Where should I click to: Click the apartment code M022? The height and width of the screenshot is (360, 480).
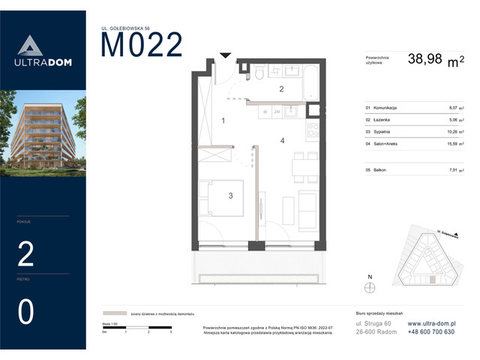point(142,46)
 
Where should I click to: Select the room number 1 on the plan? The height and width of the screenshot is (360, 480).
point(223,121)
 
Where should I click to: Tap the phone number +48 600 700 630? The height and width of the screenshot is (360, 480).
point(431,331)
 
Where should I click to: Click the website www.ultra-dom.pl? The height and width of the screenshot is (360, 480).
point(431,323)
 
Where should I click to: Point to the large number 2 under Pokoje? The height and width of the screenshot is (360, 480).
point(25,256)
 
